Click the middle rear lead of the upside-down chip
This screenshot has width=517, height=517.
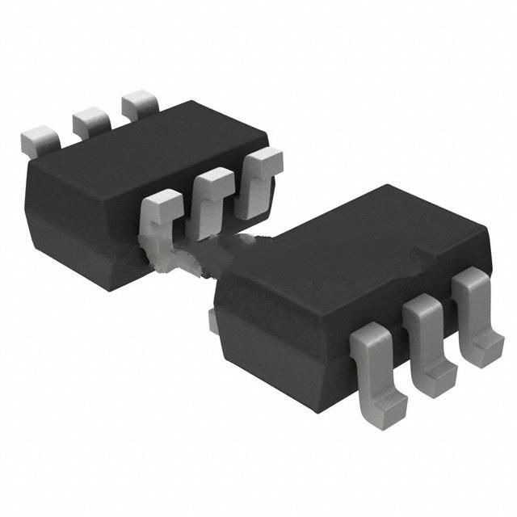click(91, 121)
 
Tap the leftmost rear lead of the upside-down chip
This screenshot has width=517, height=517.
click(40, 139)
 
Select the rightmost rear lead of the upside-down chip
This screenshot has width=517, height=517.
click(139, 104)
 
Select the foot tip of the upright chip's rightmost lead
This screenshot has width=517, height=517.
click(485, 351)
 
